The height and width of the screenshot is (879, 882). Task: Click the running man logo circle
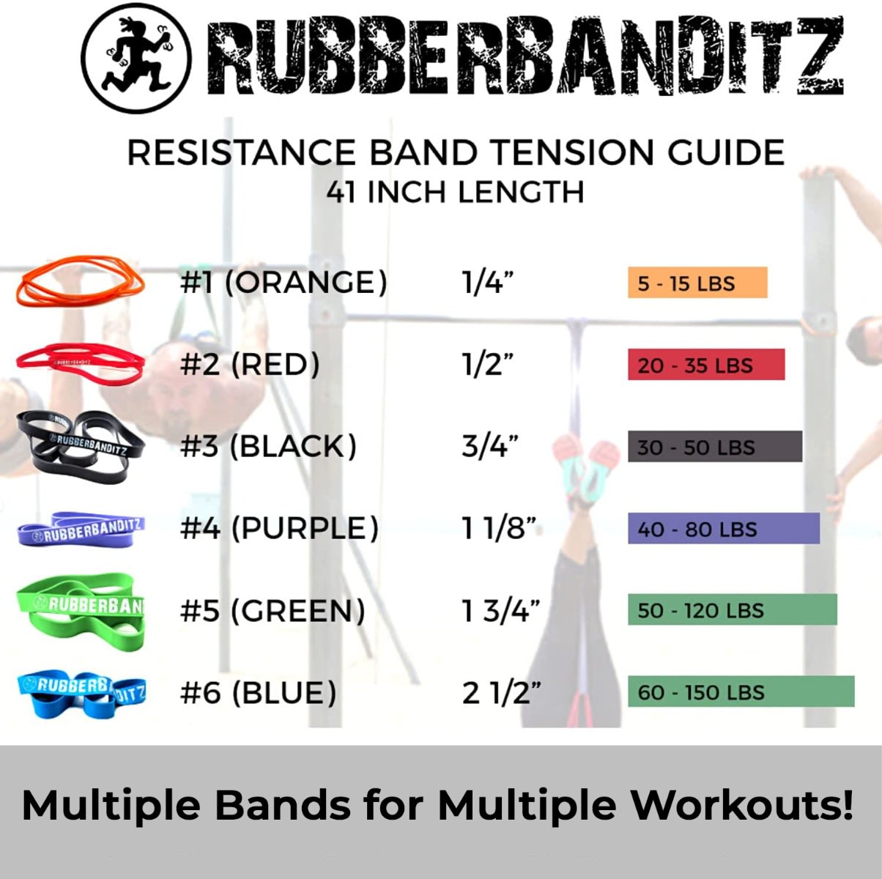tap(137, 59)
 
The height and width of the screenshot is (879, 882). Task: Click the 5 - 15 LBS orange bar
tap(697, 283)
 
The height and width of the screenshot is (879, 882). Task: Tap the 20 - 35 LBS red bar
tap(705, 365)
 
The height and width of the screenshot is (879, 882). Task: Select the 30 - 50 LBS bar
tap(714, 447)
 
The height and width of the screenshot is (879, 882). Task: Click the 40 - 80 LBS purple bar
tap(723, 529)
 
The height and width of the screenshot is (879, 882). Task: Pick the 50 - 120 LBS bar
tap(732, 610)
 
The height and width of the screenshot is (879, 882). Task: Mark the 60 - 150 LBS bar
tap(741, 692)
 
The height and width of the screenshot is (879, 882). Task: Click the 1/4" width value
tap(487, 282)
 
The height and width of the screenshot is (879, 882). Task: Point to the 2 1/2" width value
tap(500, 692)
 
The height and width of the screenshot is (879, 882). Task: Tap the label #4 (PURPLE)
tap(279, 528)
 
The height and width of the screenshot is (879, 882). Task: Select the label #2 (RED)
tap(250, 364)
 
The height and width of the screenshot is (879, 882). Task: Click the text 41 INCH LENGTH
tap(455, 193)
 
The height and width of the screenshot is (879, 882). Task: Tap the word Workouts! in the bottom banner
tap(742, 805)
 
